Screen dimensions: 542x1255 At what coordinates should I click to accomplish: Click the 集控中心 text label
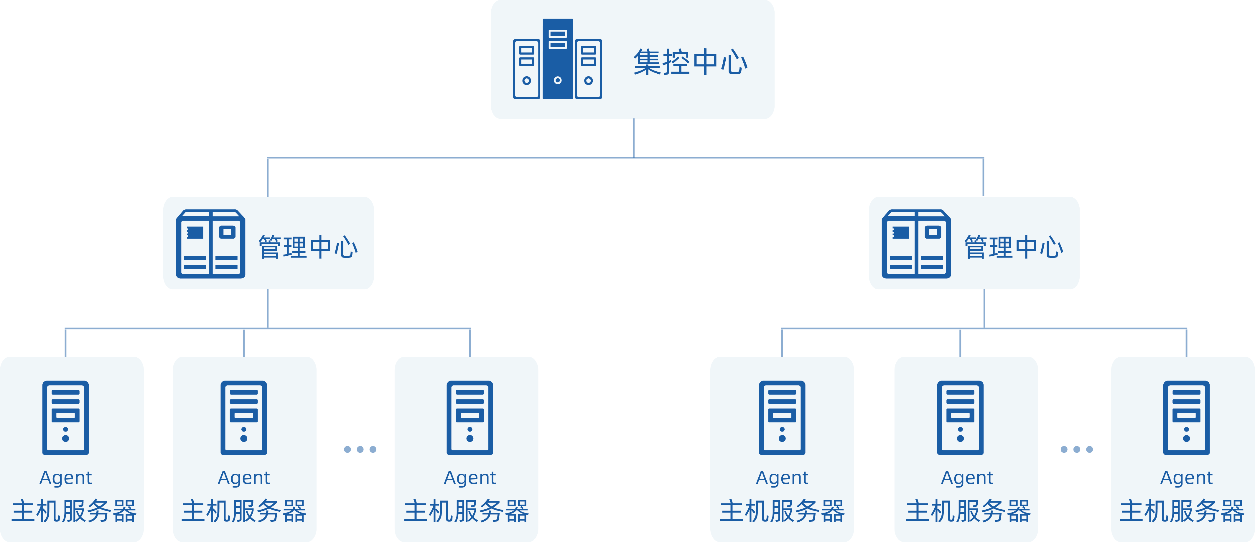[690, 62]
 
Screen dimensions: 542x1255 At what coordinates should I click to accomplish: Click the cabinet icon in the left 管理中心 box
[210, 244]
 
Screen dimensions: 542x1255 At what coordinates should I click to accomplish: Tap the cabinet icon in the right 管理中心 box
[916, 244]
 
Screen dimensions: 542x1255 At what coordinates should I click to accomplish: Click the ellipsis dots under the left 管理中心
[360, 449]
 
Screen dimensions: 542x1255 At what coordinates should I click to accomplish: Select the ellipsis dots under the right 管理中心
[1077, 449]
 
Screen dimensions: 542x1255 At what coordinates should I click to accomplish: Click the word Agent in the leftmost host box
[66, 478]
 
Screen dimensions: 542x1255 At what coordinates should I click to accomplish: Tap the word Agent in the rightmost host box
[1186, 478]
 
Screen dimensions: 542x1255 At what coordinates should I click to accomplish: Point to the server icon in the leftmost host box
[66, 417]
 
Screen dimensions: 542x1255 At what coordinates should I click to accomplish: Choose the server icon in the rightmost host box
[1186, 417]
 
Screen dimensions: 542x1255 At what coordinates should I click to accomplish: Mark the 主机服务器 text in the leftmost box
[74, 511]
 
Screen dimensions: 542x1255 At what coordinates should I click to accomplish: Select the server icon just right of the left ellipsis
[470, 417]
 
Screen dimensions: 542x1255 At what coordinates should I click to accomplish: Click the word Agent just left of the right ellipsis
[967, 478]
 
